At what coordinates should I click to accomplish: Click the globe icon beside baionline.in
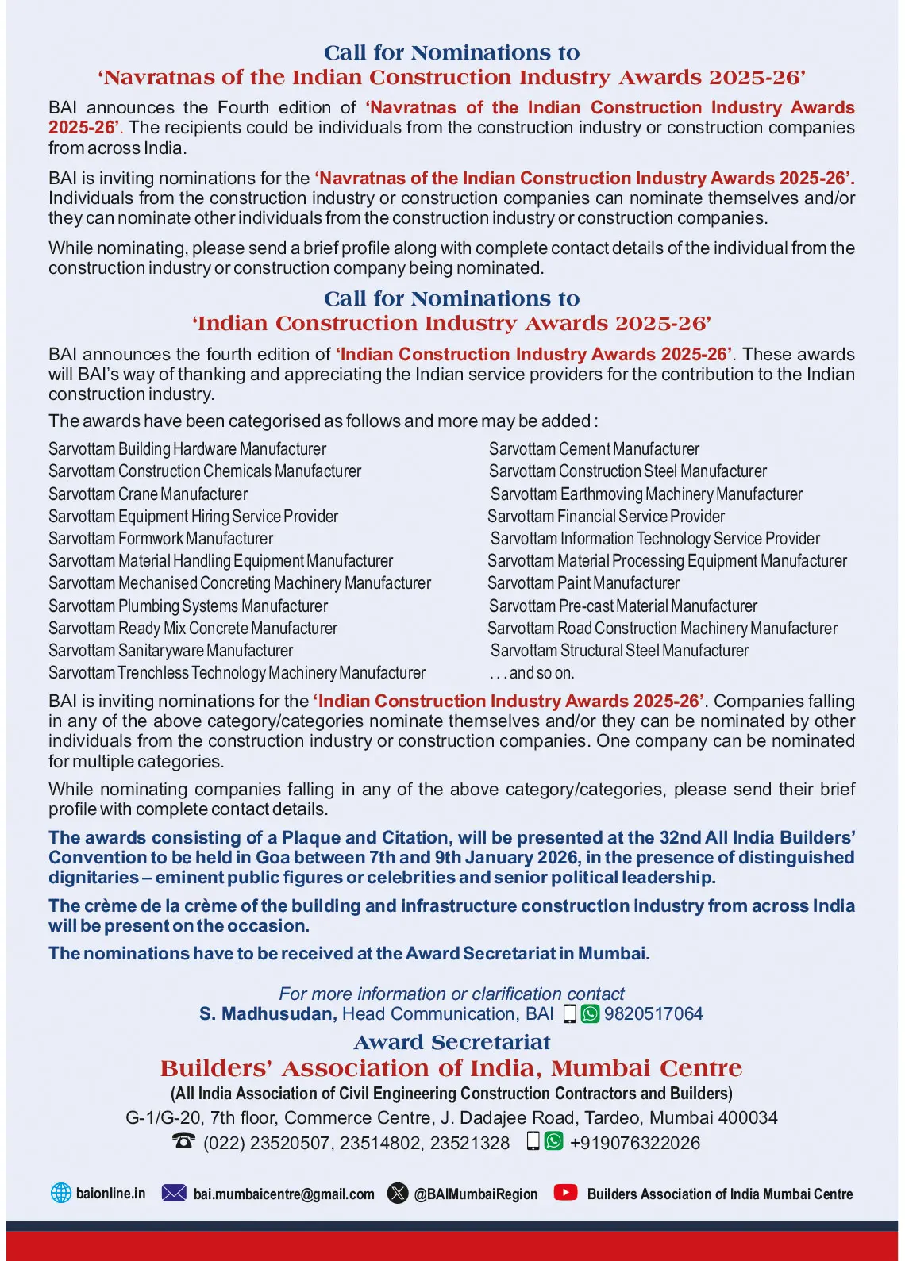click(61, 1193)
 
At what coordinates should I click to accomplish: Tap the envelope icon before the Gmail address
click(174, 1193)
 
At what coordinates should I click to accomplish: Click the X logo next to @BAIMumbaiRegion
click(398, 1193)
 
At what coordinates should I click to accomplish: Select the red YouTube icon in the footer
click(565, 1192)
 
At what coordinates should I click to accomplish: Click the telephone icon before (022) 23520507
click(183, 1141)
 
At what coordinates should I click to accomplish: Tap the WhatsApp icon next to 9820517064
click(590, 1013)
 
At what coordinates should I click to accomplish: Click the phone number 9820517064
click(653, 1013)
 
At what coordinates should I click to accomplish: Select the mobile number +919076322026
click(635, 1143)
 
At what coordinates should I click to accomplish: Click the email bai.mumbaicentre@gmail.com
click(283, 1194)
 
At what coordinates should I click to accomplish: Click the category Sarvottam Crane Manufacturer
click(148, 494)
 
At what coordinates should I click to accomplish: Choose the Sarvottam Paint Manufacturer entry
click(583, 583)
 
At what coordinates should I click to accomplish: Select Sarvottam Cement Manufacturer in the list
click(594, 449)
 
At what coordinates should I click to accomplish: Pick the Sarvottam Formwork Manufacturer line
click(160, 539)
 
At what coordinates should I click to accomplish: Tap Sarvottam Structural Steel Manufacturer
click(619, 651)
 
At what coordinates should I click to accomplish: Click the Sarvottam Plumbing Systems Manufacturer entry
click(188, 606)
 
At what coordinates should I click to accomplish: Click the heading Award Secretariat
click(452, 1042)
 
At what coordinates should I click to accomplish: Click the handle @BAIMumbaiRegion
click(476, 1194)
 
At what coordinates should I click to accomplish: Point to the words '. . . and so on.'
click(532, 673)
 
